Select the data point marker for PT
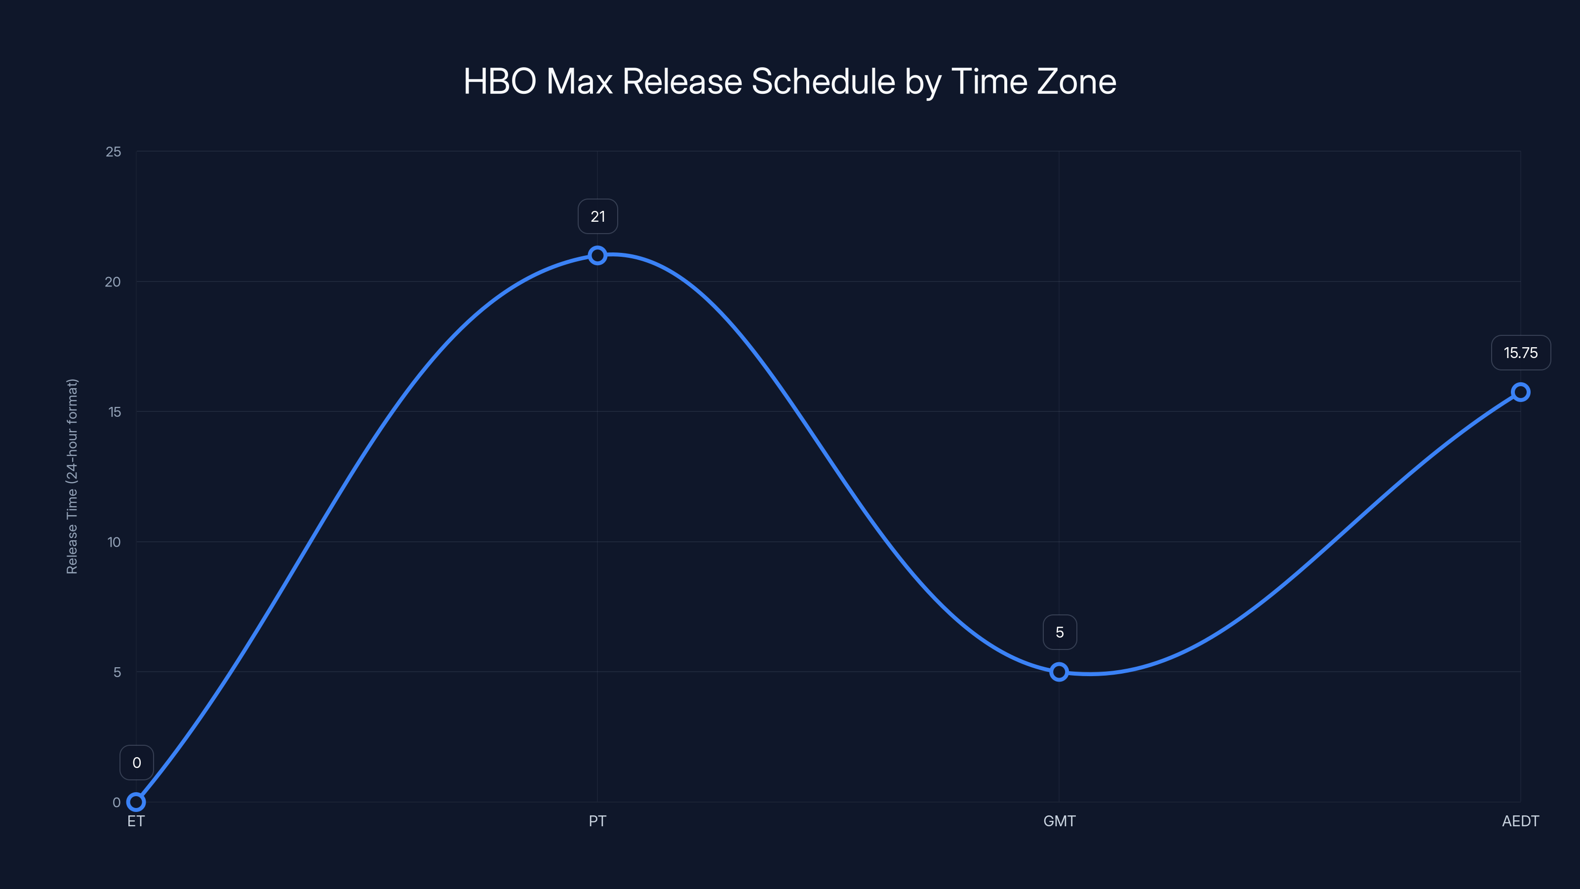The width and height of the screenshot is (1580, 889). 597,255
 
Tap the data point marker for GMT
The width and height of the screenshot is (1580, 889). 1059,672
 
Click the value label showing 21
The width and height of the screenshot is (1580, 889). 597,217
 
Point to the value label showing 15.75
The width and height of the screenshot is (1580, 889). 1521,353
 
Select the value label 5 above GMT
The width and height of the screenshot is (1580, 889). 1059,632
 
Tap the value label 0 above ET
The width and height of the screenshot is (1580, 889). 136,763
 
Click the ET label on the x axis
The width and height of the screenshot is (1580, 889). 136,821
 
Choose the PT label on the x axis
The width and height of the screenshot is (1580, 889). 597,821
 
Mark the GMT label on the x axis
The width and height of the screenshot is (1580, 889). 1059,821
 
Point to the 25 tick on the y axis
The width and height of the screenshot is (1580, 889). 114,152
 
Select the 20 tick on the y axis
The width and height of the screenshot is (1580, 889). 113,282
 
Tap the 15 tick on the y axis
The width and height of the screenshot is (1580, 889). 115,412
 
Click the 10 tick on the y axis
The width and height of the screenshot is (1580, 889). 114,542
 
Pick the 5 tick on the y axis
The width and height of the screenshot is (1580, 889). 117,672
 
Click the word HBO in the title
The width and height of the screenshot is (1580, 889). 500,81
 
